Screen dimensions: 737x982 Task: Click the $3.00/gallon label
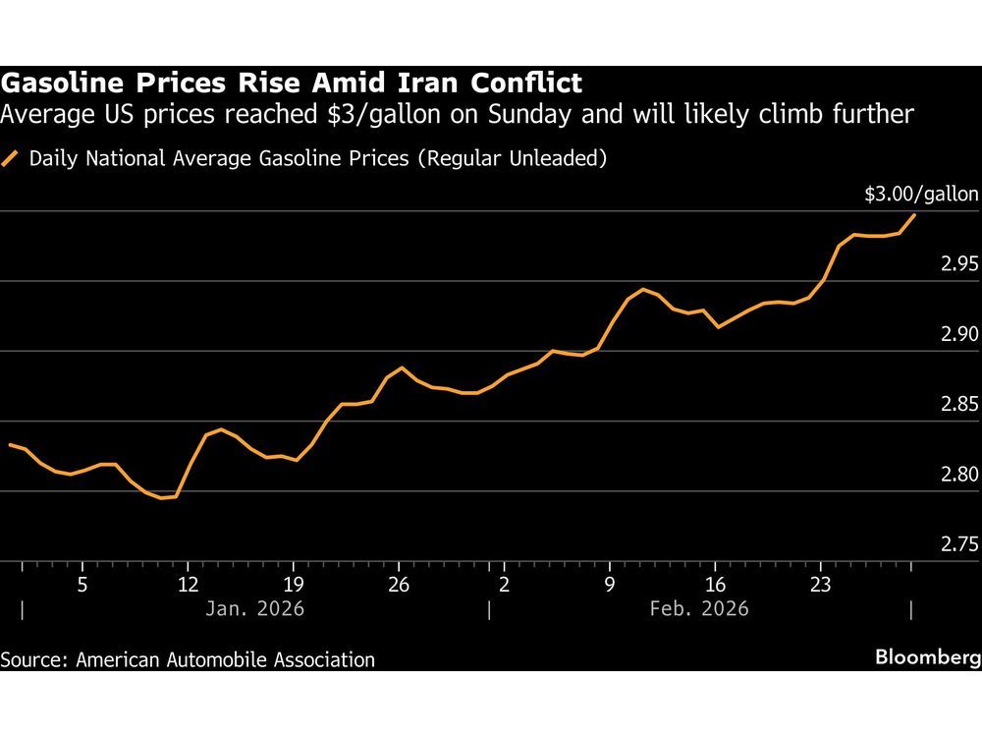click(921, 195)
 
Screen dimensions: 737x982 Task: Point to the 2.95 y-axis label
click(954, 264)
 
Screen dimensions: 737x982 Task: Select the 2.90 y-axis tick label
click(954, 334)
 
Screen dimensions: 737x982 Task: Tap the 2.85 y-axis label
click(954, 404)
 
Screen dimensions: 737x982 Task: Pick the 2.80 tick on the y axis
click(954, 475)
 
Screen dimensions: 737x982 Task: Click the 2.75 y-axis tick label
click(954, 544)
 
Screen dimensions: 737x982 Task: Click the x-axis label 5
click(82, 585)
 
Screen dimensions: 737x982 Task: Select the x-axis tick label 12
click(188, 585)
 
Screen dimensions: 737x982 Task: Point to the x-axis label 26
click(398, 585)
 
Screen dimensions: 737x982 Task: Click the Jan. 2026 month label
click(254, 609)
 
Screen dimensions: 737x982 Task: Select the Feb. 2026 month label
click(699, 609)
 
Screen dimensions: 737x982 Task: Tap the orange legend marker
click(12, 158)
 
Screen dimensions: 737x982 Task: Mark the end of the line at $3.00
click(915, 214)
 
